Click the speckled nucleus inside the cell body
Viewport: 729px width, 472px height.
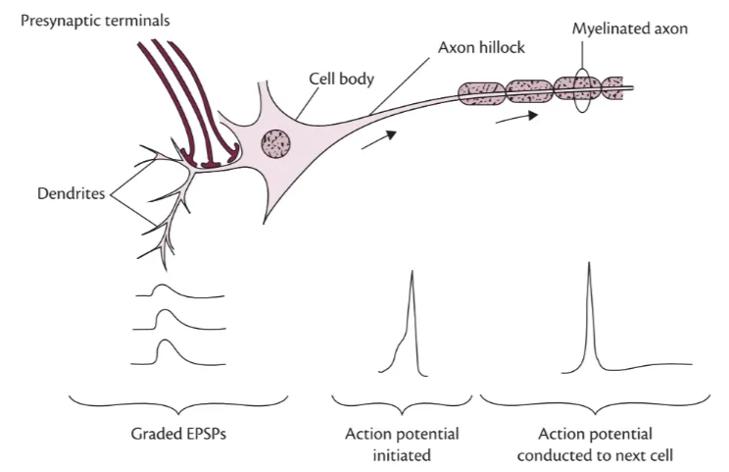276,145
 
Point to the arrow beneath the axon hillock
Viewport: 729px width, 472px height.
377,142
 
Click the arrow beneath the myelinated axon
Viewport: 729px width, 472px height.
516,117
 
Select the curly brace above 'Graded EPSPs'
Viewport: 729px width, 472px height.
177,402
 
